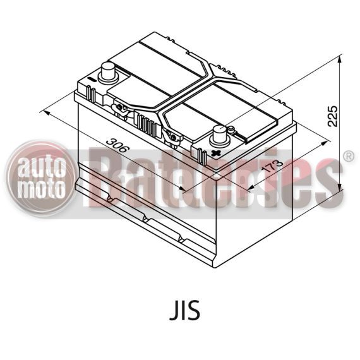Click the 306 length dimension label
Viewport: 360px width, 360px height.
pyautogui.click(x=116, y=145)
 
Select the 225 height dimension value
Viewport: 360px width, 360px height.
pyautogui.click(x=333, y=116)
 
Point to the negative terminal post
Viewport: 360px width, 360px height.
pyautogui.click(x=108, y=71)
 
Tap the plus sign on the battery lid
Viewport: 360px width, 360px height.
pyautogui.click(x=216, y=153)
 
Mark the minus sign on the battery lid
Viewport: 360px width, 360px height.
pyautogui.click(x=92, y=79)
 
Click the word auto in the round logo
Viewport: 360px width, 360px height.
pyautogui.click(x=42, y=167)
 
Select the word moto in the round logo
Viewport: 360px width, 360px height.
pyautogui.click(x=41, y=188)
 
